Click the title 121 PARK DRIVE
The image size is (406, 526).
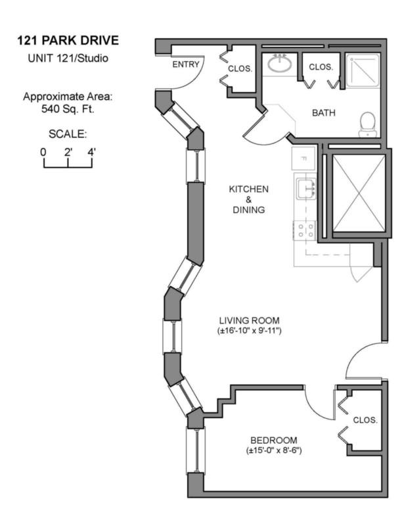pos(68,41)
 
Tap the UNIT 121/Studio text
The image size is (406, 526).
pos(68,58)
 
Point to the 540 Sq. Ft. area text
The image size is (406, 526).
pos(68,108)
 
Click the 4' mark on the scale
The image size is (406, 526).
pos(91,152)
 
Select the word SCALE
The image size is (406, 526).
pos(68,135)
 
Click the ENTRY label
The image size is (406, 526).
pos(186,64)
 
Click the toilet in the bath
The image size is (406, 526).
pos(367,124)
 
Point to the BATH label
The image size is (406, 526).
pos(323,113)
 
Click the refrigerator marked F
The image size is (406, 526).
pos(304,158)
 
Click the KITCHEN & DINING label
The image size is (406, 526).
pos(248,199)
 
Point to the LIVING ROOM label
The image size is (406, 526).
pos(250,320)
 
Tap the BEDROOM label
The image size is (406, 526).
pos(273,440)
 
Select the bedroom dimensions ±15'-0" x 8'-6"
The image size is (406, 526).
pos(273,450)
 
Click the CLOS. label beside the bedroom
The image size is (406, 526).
pos(365,420)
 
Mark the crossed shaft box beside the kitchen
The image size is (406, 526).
pos(357,195)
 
